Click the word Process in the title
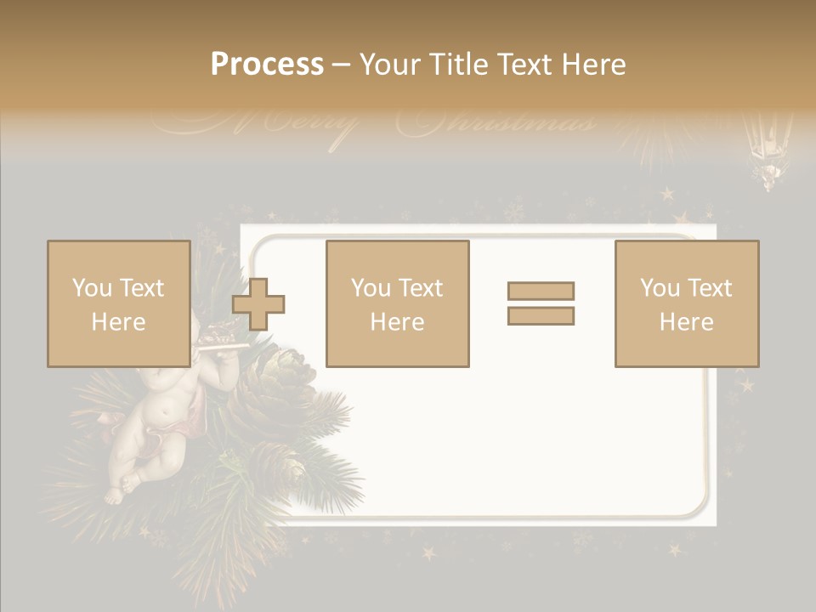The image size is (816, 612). [267, 64]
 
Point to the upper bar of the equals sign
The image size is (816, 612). [541, 291]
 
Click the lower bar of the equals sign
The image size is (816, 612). [541, 316]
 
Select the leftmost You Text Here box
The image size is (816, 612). [118, 303]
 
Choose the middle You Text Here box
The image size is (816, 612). [397, 303]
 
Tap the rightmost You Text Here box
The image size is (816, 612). [686, 303]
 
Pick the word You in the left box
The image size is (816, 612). [91, 287]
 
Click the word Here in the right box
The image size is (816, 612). [686, 321]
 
